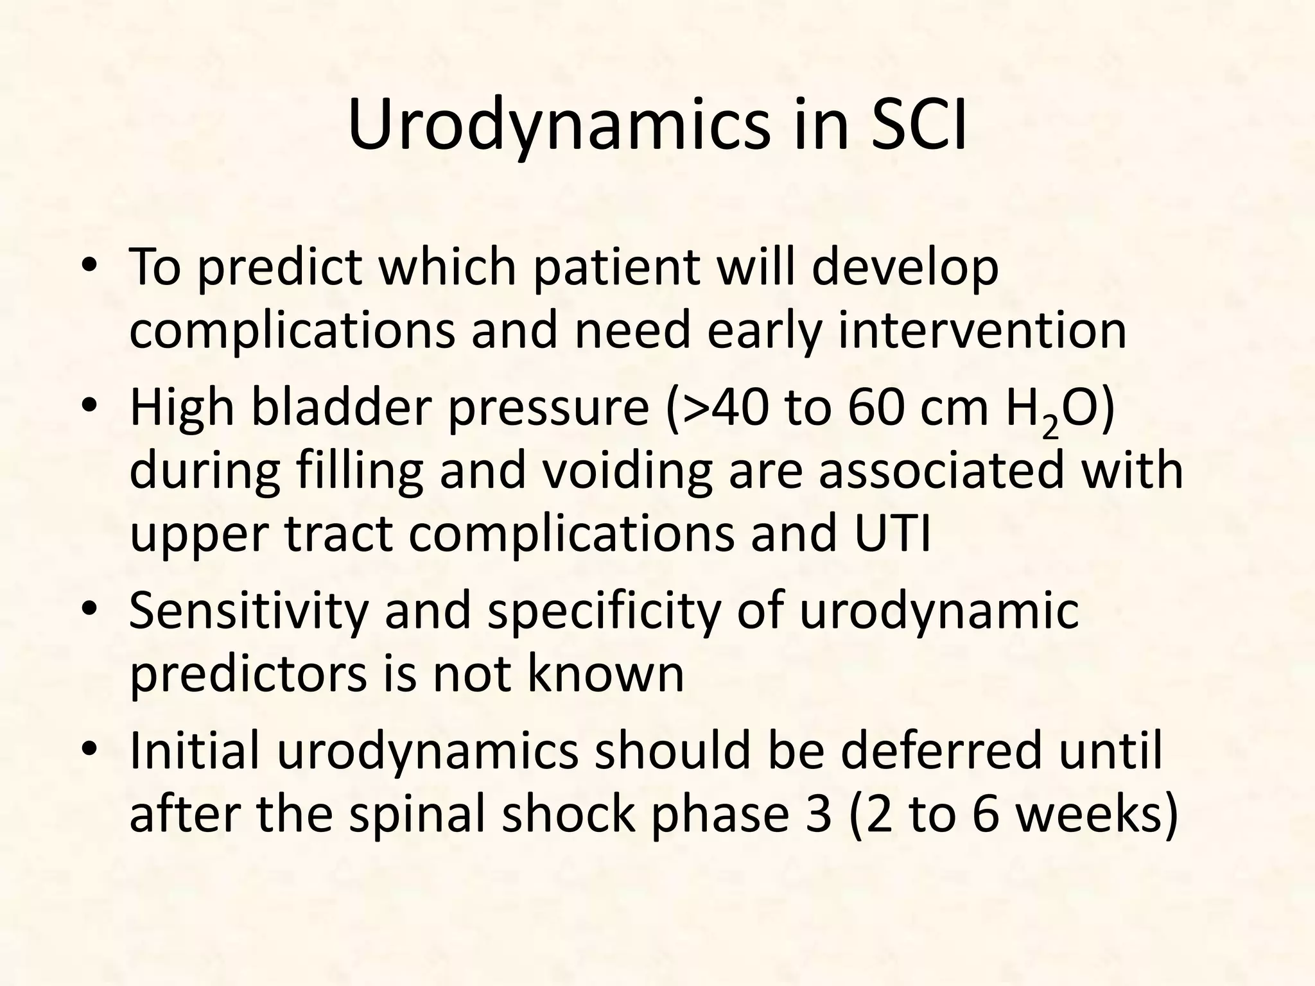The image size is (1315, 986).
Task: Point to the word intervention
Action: (982, 330)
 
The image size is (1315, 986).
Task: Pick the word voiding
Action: (607, 472)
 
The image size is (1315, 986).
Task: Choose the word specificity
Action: (604, 611)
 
